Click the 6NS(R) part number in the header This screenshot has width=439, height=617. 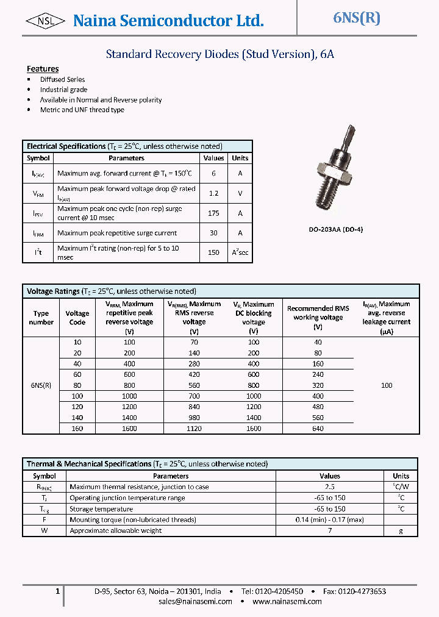tap(357, 18)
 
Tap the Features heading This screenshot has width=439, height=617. tap(43, 69)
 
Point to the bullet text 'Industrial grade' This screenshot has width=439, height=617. tap(63, 90)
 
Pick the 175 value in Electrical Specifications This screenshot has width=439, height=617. tap(213, 213)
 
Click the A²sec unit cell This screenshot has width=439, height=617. tap(240, 252)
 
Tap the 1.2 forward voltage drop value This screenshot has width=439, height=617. tap(213, 193)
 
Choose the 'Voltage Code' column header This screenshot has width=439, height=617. tap(77, 318)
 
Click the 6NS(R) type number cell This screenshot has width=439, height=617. tap(41, 385)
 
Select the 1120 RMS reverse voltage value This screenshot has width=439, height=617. tap(194, 429)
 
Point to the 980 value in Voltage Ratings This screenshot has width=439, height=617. tap(194, 418)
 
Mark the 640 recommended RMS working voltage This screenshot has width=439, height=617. tap(318, 429)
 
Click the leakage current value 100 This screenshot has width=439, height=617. tap(387, 385)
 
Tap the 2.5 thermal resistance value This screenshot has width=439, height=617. tap(330, 487)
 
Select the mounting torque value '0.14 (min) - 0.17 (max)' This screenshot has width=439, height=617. tap(330, 520)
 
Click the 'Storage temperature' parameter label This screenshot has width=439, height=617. tap(101, 509)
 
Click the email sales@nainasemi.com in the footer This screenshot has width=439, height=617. tap(195, 602)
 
